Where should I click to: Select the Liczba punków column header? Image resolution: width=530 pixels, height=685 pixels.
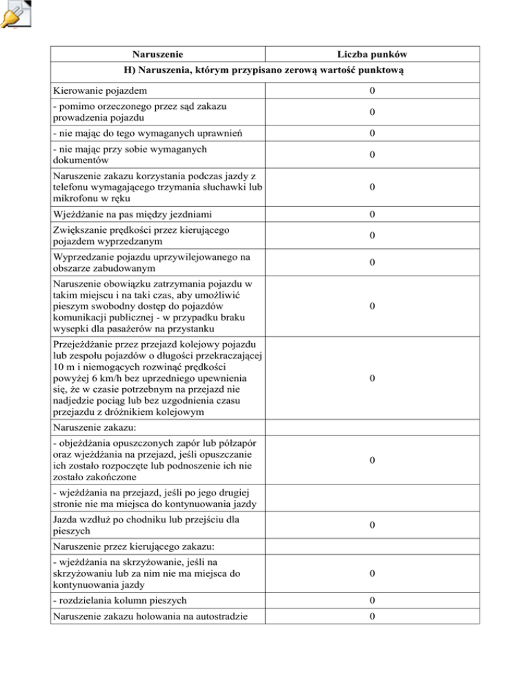[372, 54]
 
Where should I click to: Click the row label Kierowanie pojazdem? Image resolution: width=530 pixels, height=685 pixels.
[99, 91]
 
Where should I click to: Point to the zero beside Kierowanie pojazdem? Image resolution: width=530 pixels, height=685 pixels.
[372, 91]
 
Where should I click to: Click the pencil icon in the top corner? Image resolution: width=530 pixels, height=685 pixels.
[14, 14]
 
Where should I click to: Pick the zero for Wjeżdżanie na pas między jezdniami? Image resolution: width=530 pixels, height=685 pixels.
[372, 214]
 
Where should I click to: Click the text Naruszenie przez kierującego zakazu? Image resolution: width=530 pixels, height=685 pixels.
[121, 546]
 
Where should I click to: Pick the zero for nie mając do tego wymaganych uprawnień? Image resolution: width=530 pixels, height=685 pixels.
[372, 133]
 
